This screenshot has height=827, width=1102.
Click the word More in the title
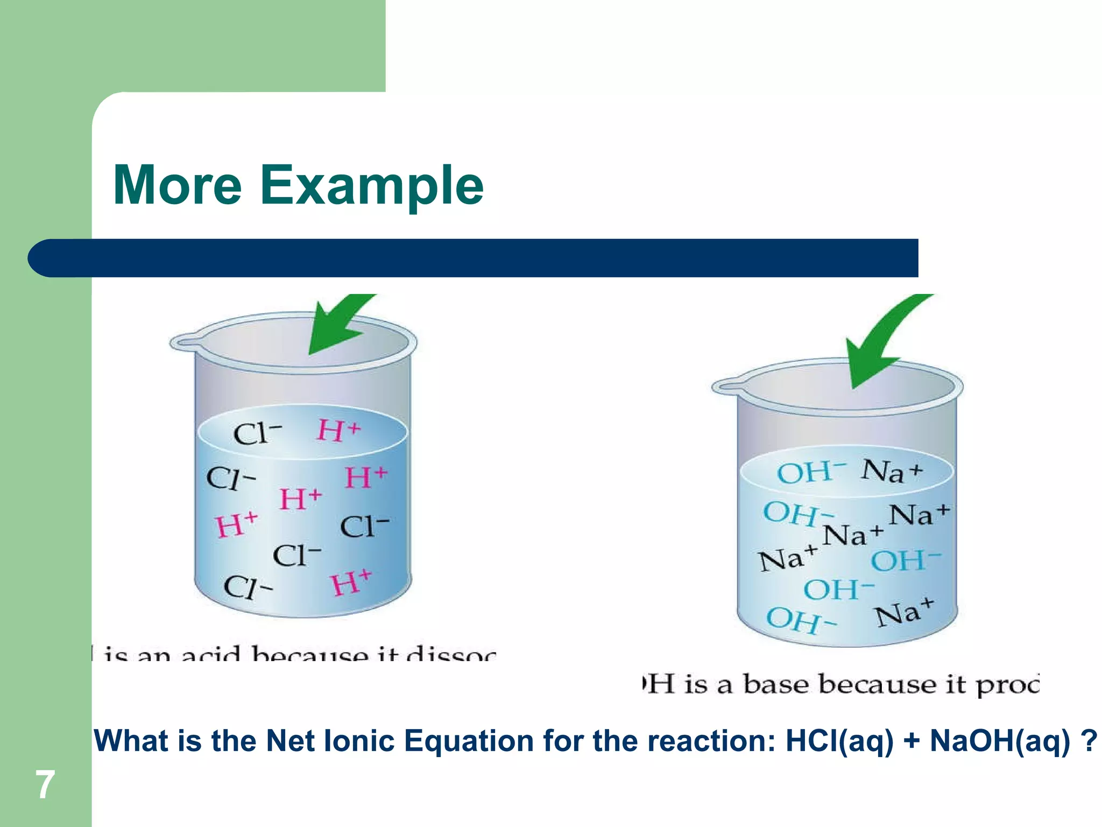[x=178, y=185]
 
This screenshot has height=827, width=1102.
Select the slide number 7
[x=45, y=784]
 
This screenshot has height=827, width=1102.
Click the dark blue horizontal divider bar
[x=474, y=258]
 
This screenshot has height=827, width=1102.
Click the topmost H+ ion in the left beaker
[x=338, y=431]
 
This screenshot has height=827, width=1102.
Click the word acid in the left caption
[x=210, y=654]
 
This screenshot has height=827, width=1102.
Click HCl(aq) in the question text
[x=839, y=741]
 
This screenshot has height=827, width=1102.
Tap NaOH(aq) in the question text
[x=1000, y=741]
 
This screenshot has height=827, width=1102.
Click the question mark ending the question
[x=1088, y=741]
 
